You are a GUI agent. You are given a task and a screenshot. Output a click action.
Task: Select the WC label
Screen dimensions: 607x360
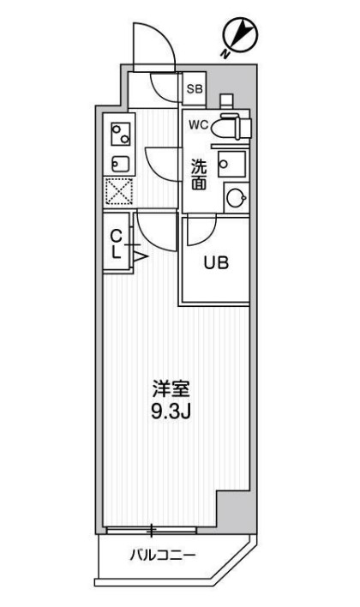point(198,124)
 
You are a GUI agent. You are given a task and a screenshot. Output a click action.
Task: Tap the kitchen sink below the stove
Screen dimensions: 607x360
point(118,163)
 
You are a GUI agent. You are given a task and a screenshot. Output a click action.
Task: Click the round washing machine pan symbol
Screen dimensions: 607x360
point(234,198)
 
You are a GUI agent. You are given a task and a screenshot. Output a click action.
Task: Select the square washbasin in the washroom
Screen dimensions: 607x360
point(231,164)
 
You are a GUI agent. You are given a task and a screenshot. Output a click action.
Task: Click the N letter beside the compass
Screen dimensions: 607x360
point(224,55)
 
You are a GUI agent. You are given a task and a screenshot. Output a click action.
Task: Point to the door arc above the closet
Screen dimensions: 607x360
point(155,230)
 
